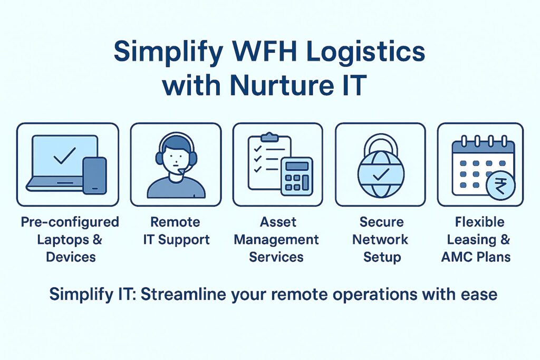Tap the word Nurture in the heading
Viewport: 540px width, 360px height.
(278, 85)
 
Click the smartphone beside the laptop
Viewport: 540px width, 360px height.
(94, 176)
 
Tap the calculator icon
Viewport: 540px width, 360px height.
(296, 176)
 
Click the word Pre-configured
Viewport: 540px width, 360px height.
(70, 222)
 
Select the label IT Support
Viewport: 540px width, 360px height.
(176, 240)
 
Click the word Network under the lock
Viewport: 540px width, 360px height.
(380, 240)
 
